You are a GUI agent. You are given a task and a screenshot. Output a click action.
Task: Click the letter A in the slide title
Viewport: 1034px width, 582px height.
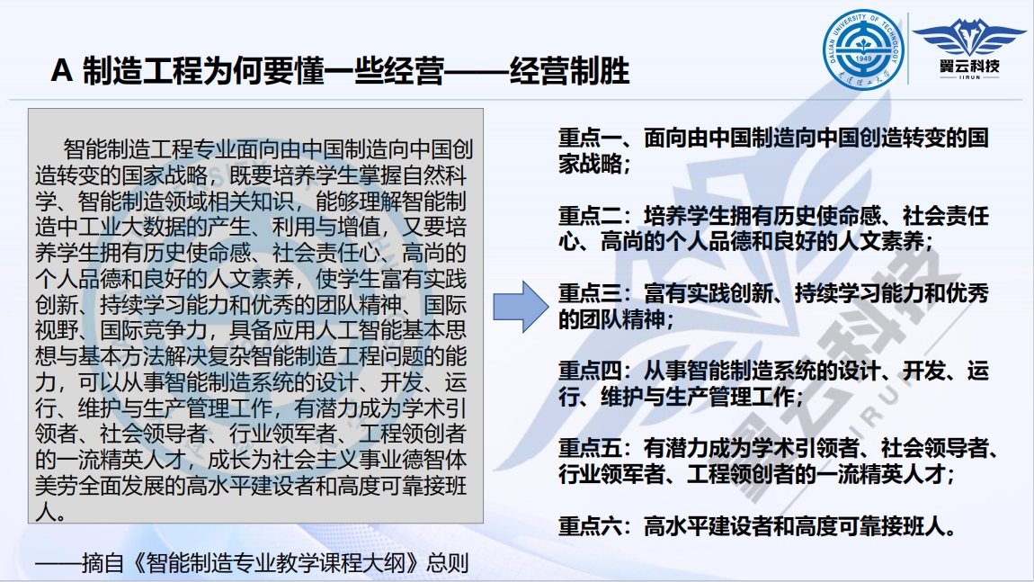(61, 70)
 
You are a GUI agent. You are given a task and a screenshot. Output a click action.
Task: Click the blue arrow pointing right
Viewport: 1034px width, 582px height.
(521, 306)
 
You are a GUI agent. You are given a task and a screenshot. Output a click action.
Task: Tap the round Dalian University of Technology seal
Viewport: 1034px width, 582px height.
(863, 49)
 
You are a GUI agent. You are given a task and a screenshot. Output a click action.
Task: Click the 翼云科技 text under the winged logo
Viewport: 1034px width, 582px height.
(969, 66)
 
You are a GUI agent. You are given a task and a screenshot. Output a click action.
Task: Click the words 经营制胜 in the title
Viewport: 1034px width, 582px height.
(570, 70)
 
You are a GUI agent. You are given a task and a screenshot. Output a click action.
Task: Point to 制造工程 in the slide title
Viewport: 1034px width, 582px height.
(142, 70)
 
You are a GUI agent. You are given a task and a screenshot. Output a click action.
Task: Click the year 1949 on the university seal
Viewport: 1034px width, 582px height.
(863, 58)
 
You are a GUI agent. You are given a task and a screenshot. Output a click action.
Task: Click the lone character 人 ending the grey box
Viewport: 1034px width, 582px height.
(46, 512)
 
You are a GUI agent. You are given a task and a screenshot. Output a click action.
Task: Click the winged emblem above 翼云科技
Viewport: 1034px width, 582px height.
(968, 36)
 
